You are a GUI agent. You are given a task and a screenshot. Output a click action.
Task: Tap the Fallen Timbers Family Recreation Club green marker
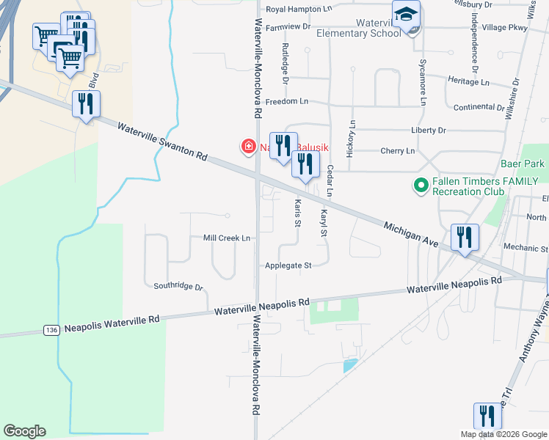pos(421,186)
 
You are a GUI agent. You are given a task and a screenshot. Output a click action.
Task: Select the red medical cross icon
pos(249,147)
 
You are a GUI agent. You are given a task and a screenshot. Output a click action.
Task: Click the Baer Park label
pos(523,164)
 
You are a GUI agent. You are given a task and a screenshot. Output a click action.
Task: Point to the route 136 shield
pos(51,330)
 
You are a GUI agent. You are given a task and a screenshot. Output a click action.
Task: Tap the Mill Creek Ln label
pos(227,238)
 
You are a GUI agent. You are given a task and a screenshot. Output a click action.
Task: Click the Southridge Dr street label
pos(178,286)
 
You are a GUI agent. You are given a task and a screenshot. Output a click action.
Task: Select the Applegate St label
pos(288,265)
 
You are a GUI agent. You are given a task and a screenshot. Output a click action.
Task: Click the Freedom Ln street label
pos(287,100)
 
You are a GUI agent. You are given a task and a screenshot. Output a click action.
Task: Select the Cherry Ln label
pos(398,151)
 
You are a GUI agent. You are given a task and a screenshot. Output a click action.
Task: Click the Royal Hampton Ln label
pos(299,9)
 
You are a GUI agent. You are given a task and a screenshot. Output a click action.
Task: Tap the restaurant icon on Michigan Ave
pos(465,238)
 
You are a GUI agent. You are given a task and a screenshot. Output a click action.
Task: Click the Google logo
pos(24,431)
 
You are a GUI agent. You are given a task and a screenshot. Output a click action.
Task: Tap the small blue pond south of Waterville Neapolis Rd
pos(350,364)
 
